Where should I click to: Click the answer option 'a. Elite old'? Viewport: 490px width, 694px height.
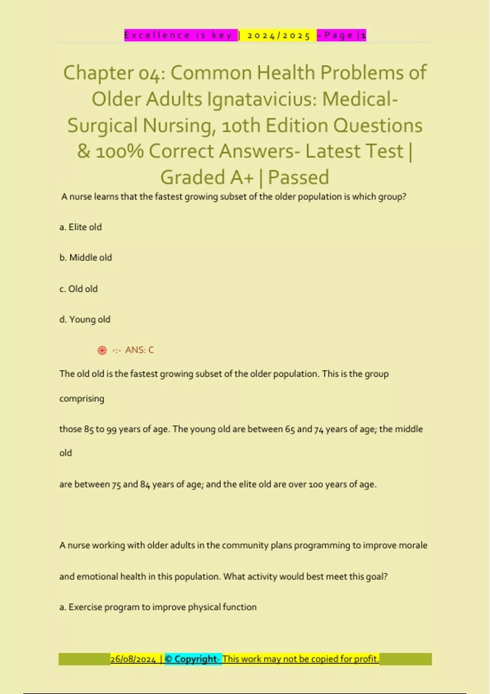(x=80, y=227)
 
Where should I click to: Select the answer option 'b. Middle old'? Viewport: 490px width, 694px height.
(x=85, y=258)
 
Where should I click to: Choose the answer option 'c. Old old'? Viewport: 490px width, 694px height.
(x=78, y=289)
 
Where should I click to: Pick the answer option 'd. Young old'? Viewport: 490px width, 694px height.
(x=85, y=319)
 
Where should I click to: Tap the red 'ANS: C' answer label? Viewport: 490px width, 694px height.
(x=139, y=350)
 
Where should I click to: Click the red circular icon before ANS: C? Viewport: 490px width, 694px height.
(x=102, y=350)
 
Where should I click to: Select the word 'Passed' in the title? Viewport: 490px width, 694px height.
(x=298, y=178)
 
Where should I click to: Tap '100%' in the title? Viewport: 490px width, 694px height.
(x=120, y=151)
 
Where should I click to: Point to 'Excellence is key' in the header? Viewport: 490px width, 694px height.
(x=178, y=36)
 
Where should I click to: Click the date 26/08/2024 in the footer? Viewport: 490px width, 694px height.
(x=133, y=659)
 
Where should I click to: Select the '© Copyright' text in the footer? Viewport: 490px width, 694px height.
(x=191, y=659)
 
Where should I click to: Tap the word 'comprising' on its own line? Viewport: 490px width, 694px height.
(x=82, y=398)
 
